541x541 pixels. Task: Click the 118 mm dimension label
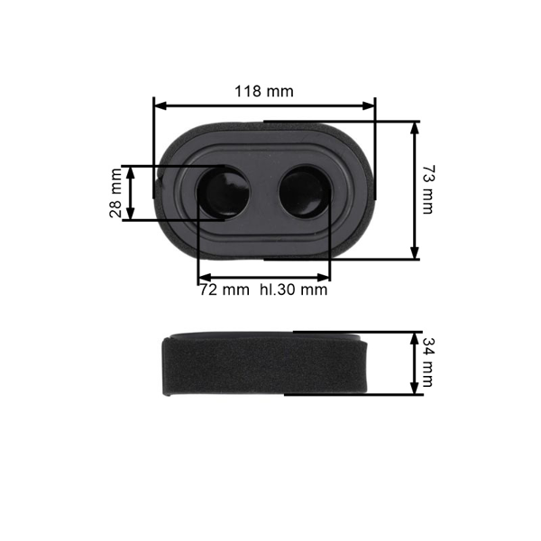[264, 91]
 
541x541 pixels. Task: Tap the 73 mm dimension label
[426, 189]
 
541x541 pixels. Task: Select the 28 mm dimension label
[115, 193]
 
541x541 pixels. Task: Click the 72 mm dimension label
[224, 290]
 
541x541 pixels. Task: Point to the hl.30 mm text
[293, 290]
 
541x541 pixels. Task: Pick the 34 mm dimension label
[426, 362]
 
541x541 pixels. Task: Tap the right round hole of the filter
[303, 192]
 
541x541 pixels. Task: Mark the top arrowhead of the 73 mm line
[415, 127]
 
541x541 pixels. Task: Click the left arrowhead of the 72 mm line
[203, 277]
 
